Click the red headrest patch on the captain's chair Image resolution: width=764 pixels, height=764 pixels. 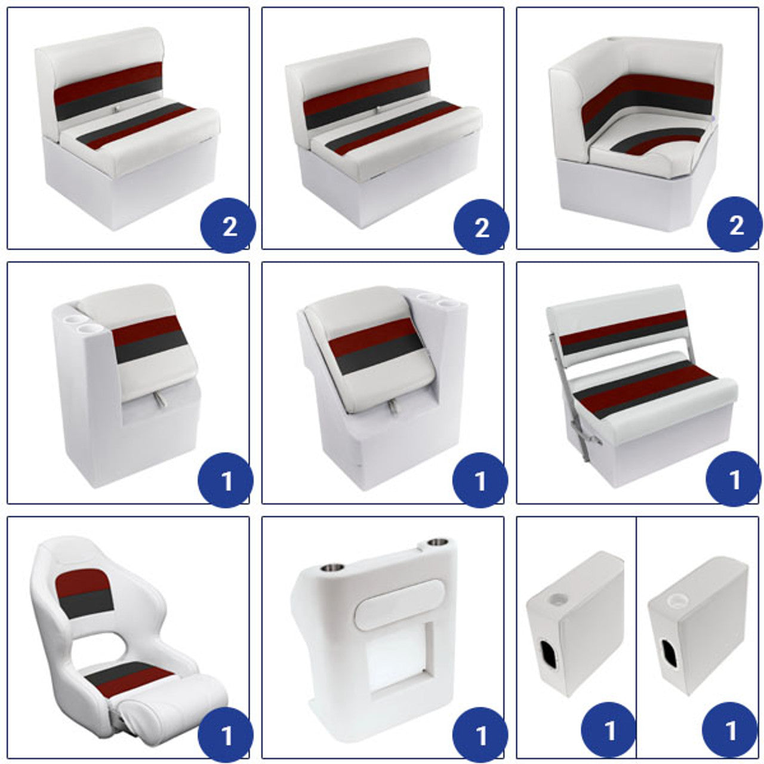click(x=83, y=580)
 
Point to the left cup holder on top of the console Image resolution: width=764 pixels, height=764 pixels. click(x=331, y=568)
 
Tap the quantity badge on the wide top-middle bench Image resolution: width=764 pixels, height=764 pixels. click(x=481, y=226)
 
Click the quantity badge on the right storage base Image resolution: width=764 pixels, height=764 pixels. click(x=729, y=729)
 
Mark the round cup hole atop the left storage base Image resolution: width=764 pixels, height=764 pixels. click(x=556, y=599)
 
